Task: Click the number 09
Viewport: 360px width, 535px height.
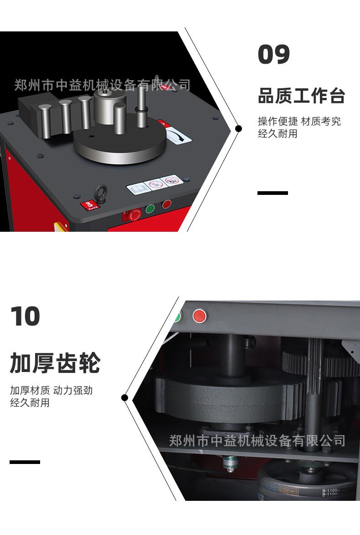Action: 274,55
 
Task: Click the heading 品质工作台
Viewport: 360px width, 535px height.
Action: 301,96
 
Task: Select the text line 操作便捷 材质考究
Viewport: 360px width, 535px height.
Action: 299,122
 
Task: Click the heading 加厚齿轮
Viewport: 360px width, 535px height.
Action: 55,363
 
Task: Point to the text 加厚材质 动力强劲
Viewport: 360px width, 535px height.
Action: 51,390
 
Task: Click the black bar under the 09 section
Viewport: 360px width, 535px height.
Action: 273,193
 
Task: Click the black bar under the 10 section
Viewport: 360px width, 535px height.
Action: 25,462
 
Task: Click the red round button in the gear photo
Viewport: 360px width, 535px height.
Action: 199,315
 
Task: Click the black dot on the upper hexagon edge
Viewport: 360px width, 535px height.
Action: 238,129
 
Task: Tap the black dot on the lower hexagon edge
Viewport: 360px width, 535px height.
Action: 124,397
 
